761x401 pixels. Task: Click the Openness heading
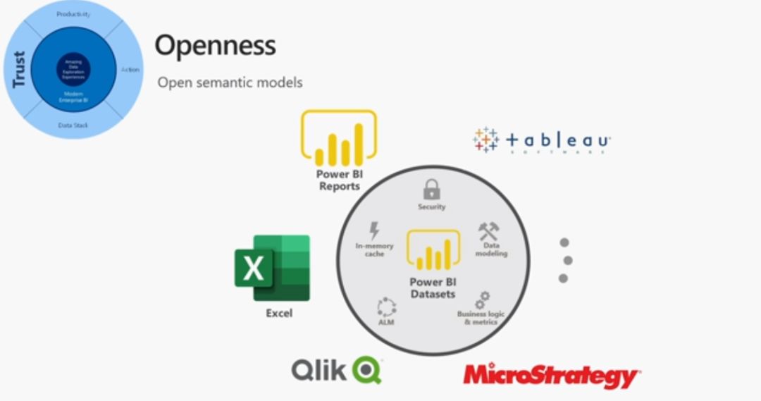pyautogui.click(x=215, y=46)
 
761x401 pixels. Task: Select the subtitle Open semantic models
pyautogui.click(x=230, y=82)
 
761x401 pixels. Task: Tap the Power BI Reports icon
pyautogui.click(x=339, y=138)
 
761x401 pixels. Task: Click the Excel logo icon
pyautogui.click(x=272, y=268)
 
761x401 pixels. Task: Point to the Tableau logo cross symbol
pyautogui.click(x=485, y=140)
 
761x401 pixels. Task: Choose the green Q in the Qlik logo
pyautogui.click(x=366, y=369)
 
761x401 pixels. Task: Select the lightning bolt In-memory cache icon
pyautogui.click(x=374, y=230)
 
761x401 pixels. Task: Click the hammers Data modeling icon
pyautogui.click(x=488, y=231)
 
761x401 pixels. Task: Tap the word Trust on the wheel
pyautogui.click(x=19, y=69)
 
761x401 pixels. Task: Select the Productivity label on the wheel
pyautogui.click(x=73, y=14)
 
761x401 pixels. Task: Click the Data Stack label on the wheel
pyautogui.click(x=73, y=125)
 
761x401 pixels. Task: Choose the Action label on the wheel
pyautogui.click(x=130, y=69)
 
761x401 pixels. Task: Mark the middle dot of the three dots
pyautogui.click(x=568, y=261)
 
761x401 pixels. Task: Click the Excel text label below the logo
pyautogui.click(x=279, y=313)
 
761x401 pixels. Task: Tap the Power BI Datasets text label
pyautogui.click(x=433, y=288)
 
